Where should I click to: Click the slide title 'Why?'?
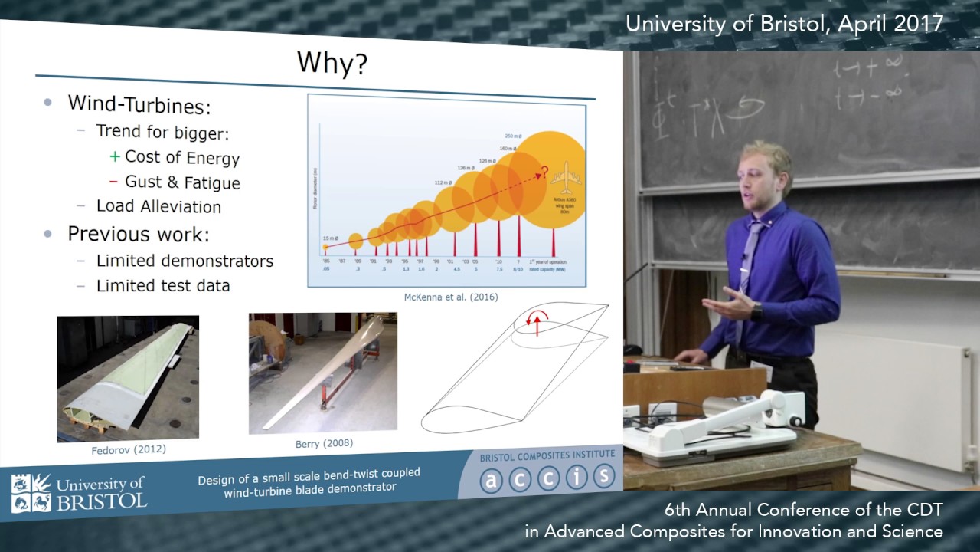coord(332,63)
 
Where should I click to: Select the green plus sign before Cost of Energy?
coord(115,156)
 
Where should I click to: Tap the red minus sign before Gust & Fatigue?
coord(113,181)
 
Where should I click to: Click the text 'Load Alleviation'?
coord(158,206)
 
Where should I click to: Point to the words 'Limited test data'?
coord(162,285)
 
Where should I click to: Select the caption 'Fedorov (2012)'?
coord(127,449)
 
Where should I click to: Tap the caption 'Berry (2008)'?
coord(324,443)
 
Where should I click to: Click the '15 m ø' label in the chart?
coord(332,239)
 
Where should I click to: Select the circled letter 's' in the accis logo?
coord(603,476)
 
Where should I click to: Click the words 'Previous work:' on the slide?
coord(138,233)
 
